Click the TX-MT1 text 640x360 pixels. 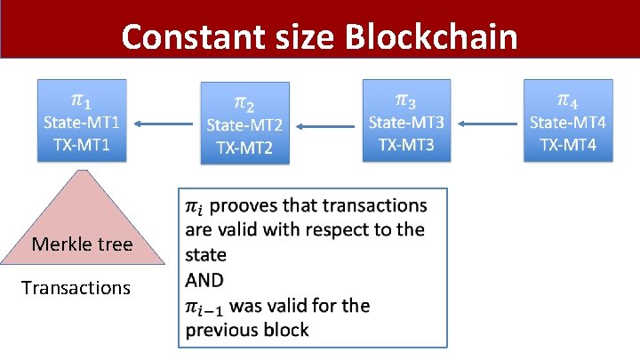82,144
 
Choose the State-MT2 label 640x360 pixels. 244,125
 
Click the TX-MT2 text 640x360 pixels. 244,148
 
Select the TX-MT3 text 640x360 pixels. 406,144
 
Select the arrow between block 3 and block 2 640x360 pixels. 325,126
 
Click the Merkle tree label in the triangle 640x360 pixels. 82,244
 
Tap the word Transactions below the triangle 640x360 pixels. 76,288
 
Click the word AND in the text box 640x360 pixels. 206,280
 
